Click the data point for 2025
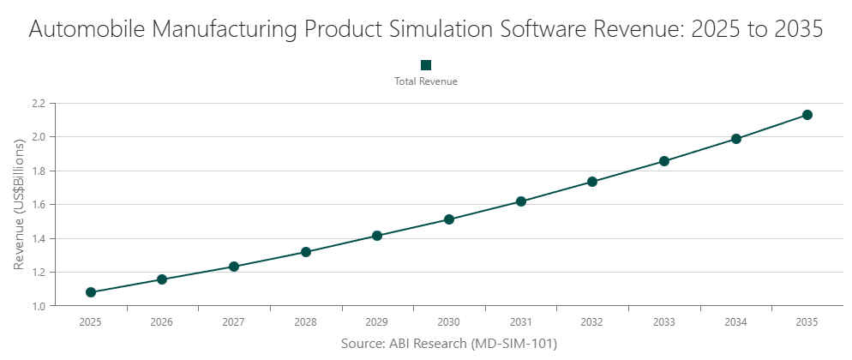[x=91, y=292]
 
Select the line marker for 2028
[x=306, y=252]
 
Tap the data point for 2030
[x=449, y=219]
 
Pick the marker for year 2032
[x=592, y=182]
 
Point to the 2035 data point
[x=807, y=115]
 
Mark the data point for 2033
[x=664, y=161]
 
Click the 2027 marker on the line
[x=234, y=267]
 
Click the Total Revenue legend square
[x=426, y=65]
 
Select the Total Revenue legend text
[x=426, y=82]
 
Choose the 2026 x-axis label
[x=162, y=322]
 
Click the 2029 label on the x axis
[x=377, y=322]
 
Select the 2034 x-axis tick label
[x=735, y=322]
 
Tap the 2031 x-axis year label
[x=520, y=322]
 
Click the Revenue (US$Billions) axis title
[x=19, y=204]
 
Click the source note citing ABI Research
[x=449, y=344]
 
